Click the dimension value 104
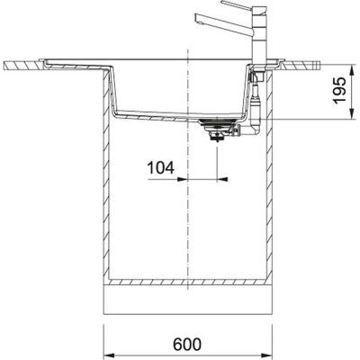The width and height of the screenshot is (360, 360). click(160, 167)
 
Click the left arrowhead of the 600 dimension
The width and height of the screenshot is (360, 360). click(111, 327)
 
